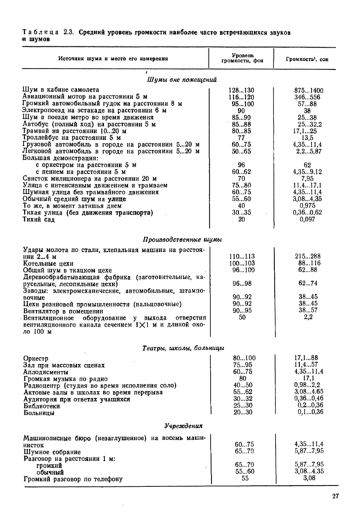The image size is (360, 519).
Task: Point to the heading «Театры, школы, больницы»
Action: point(181,347)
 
